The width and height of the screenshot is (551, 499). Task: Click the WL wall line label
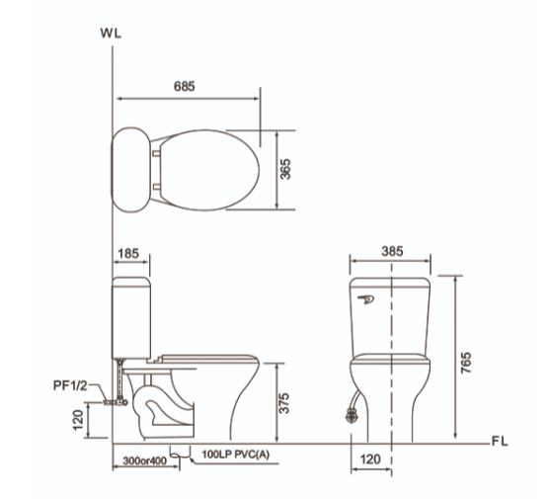point(111,33)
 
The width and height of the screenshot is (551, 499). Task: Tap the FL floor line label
point(500,442)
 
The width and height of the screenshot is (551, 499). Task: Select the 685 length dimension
point(184,87)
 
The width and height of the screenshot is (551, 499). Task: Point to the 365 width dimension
point(285,169)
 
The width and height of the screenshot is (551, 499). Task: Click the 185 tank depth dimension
point(128,254)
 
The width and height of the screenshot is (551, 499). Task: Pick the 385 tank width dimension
point(392,251)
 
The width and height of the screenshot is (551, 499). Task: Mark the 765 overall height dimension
point(466,363)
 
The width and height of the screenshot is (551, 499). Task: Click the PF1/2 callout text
point(70,385)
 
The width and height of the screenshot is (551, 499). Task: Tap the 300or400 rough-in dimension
point(145,460)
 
